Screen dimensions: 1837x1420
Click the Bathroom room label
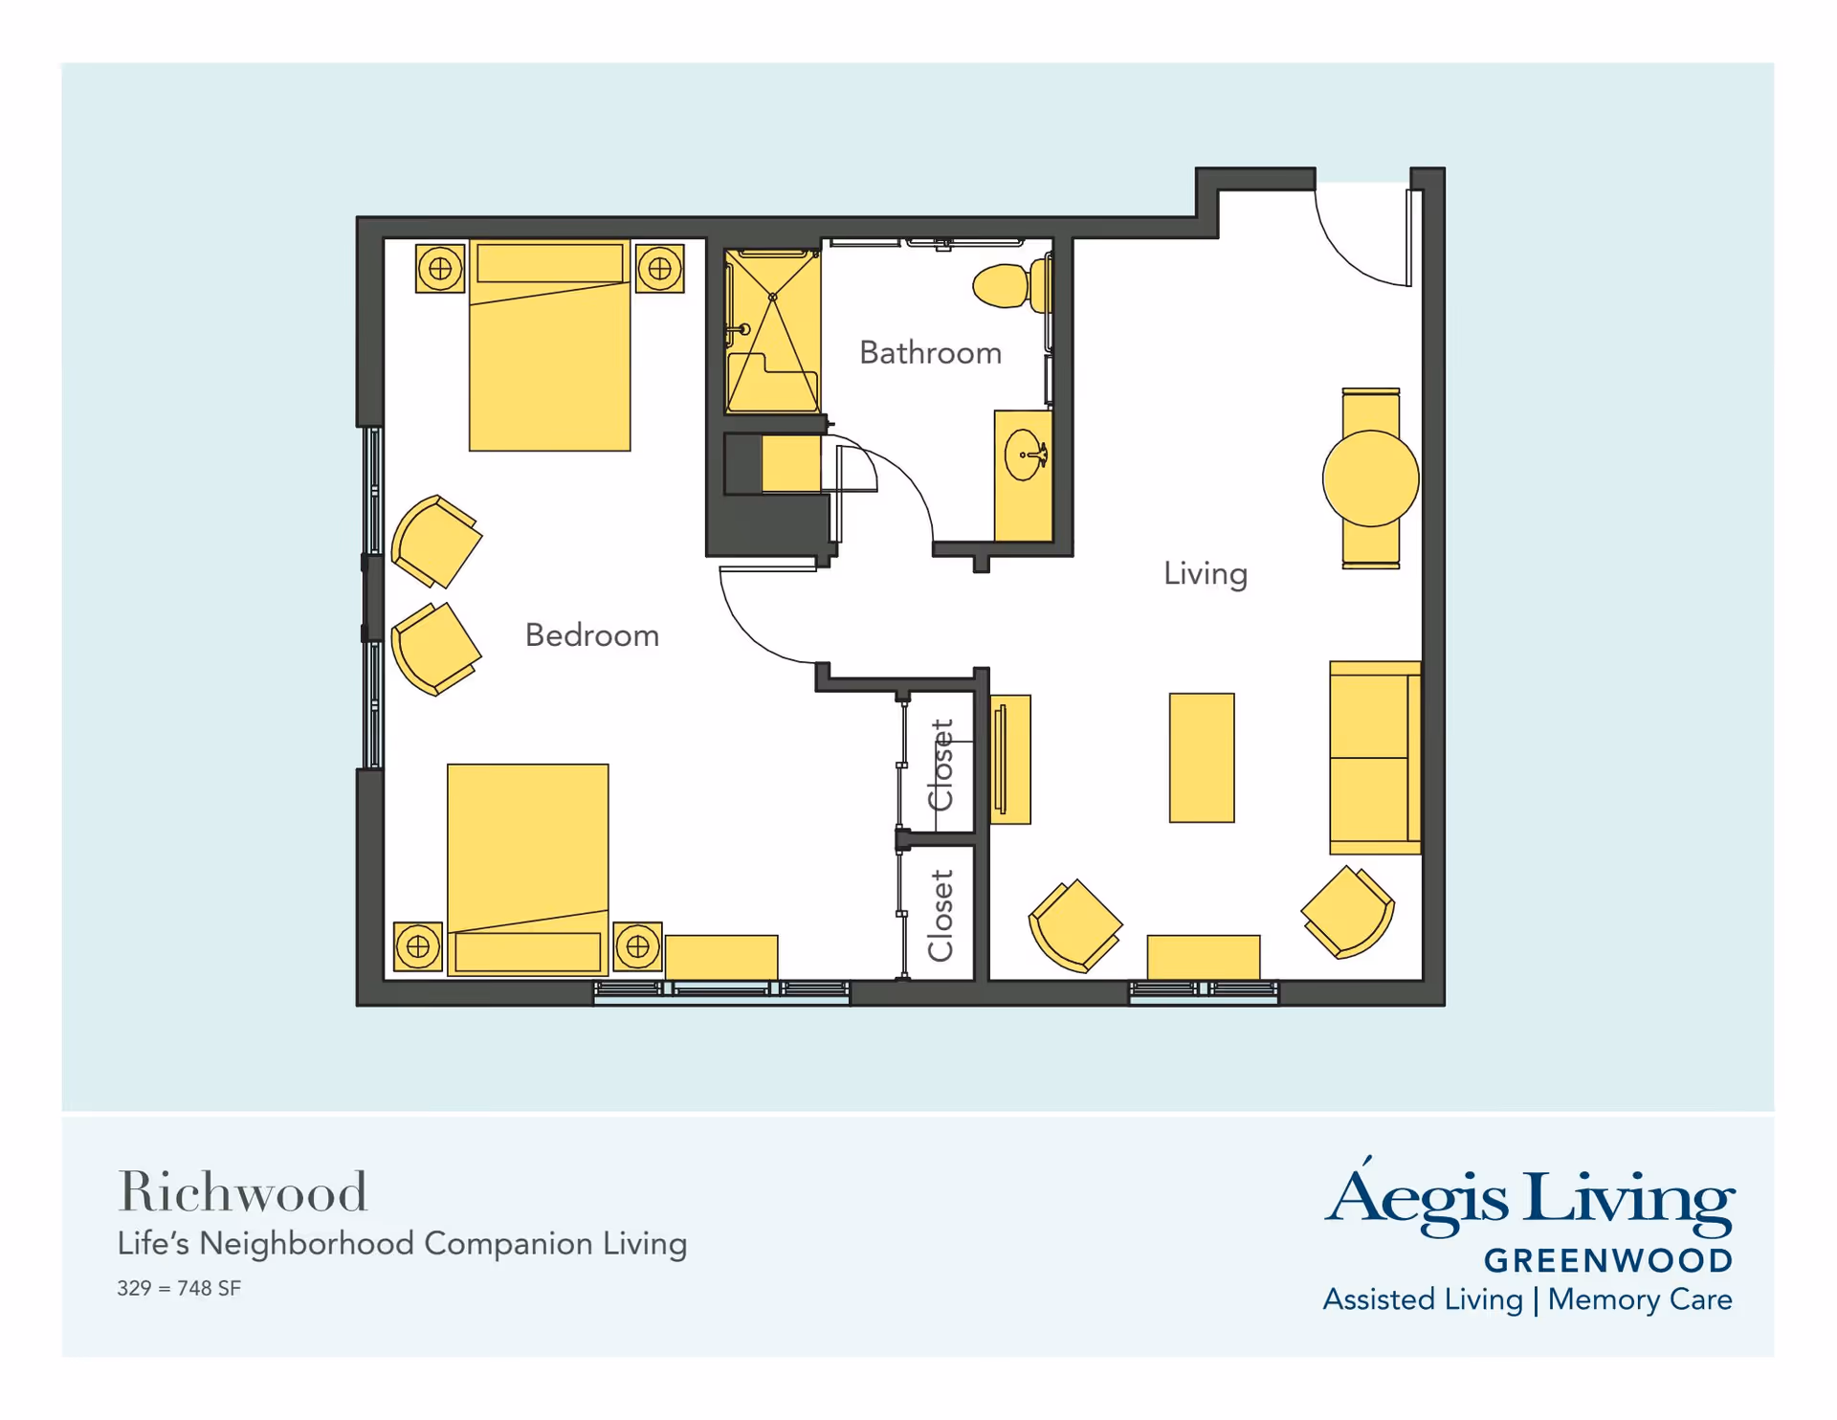tap(930, 353)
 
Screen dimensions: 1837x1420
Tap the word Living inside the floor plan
tap(1206, 574)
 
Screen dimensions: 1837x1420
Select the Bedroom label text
tap(592, 635)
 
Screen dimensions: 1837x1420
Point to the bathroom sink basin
tap(1025, 455)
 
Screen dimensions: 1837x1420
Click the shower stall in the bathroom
tap(772, 331)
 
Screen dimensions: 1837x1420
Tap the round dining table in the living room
tap(1370, 478)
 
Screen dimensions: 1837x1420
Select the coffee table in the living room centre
tap(1202, 758)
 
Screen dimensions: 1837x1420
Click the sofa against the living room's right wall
tap(1375, 758)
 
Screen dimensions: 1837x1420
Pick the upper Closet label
tap(941, 765)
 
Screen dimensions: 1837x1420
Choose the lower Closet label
tap(941, 916)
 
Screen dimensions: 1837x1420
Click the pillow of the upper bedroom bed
tap(550, 263)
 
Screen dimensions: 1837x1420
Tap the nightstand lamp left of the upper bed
tap(440, 268)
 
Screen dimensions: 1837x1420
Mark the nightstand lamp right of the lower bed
tap(638, 947)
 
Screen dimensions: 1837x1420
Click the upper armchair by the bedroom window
tap(436, 541)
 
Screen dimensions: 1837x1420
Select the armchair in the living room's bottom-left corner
tap(1074, 926)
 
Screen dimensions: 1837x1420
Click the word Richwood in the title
tap(242, 1193)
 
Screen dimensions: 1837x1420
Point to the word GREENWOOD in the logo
tap(1608, 1261)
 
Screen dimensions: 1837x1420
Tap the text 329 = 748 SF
tap(179, 1289)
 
